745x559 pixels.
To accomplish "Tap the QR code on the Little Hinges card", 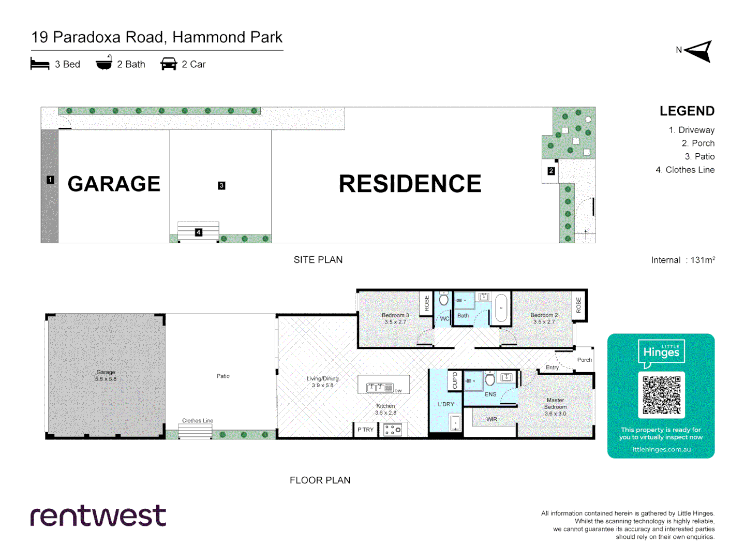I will coord(661,395).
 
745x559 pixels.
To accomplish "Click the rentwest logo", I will coord(98,516).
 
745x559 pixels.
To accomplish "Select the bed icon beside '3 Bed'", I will coord(40,64).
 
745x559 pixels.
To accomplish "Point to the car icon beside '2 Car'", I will coord(169,64).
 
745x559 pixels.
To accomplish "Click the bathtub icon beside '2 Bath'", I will coord(104,63).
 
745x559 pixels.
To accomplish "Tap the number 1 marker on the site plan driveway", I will coord(50,180).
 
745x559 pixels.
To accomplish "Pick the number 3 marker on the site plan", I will coord(221,185).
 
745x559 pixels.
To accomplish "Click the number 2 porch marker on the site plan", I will coord(551,171).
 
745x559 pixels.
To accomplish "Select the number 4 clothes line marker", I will coord(198,232).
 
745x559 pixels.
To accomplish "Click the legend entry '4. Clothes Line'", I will coord(685,170).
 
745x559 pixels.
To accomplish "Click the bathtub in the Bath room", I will coord(501,308).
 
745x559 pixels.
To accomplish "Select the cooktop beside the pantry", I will coord(393,430).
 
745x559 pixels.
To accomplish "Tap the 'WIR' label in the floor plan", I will coord(491,419).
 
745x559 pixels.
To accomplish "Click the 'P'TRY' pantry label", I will coord(365,430).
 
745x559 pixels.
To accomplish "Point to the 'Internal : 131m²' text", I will coord(682,260).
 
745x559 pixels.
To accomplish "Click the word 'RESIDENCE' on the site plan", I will coord(410,184).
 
